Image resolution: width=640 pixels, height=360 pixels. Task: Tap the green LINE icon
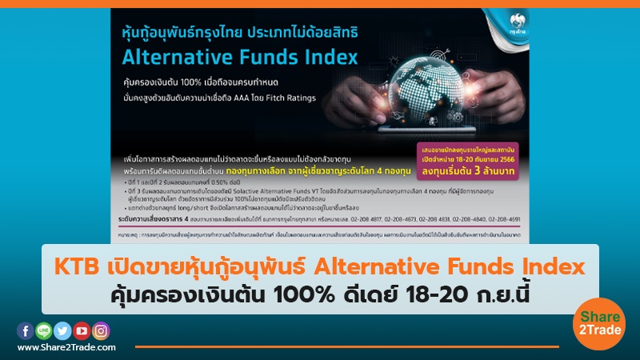point(43,330)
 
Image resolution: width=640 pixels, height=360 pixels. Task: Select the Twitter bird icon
point(62,330)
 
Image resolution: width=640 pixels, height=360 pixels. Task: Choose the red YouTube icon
point(81,330)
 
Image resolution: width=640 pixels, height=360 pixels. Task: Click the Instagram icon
point(100,330)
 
